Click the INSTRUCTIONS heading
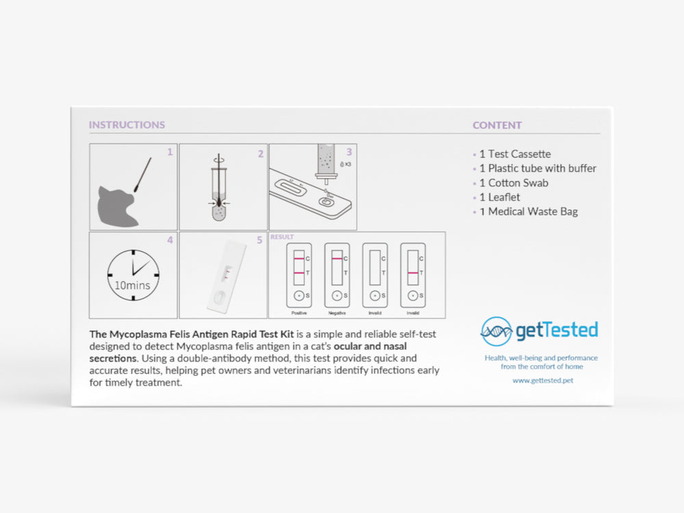click(x=127, y=125)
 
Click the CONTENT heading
click(x=497, y=125)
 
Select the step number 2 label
click(x=261, y=154)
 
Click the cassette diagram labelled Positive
click(x=299, y=274)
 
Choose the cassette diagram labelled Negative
click(x=337, y=274)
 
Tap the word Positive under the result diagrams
click(x=299, y=313)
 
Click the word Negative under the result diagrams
click(x=337, y=313)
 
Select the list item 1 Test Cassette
click(x=514, y=154)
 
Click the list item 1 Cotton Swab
click(x=513, y=183)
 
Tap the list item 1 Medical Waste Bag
click(x=528, y=211)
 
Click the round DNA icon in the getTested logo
click(x=496, y=332)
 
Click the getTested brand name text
click(x=556, y=331)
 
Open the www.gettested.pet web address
click(x=542, y=380)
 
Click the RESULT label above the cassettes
click(x=282, y=237)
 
